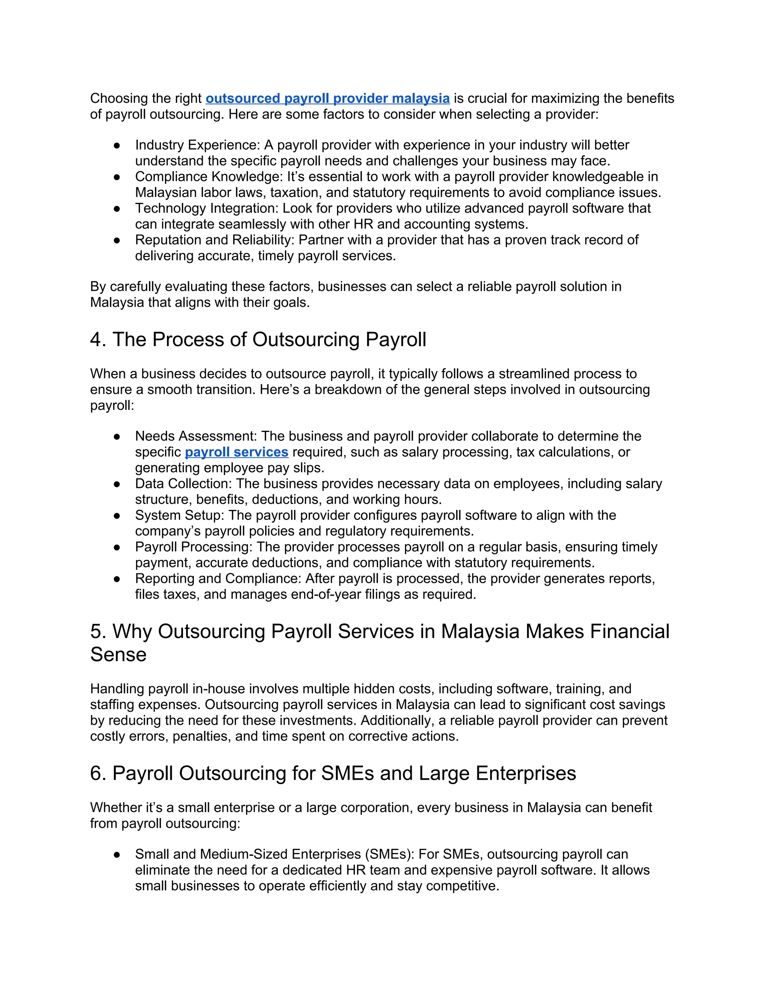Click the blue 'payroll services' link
[236, 452]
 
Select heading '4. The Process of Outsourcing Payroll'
[258, 340]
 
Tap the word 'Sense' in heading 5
[118, 655]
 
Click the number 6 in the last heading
[96, 773]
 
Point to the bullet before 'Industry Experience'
[117, 145]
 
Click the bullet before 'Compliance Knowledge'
[117, 177]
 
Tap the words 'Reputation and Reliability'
[214, 240]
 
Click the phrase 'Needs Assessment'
[196, 436]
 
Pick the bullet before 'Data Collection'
[117, 484]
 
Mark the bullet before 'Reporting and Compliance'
[117, 579]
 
